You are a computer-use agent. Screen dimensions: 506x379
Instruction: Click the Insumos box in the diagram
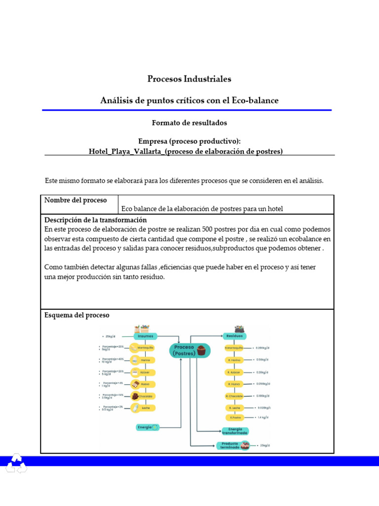click(145, 336)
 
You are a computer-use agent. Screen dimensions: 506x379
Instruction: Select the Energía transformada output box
click(235, 431)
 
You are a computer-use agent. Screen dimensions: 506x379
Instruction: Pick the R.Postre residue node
click(235, 418)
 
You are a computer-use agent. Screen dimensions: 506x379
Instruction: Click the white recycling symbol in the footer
click(16, 464)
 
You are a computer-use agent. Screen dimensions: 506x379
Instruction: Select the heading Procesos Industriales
click(189, 79)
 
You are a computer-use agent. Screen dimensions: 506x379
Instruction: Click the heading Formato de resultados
click(189, 123)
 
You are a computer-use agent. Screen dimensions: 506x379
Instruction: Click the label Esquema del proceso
click(77, 315)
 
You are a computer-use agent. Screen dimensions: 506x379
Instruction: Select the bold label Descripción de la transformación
click(96, 220)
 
